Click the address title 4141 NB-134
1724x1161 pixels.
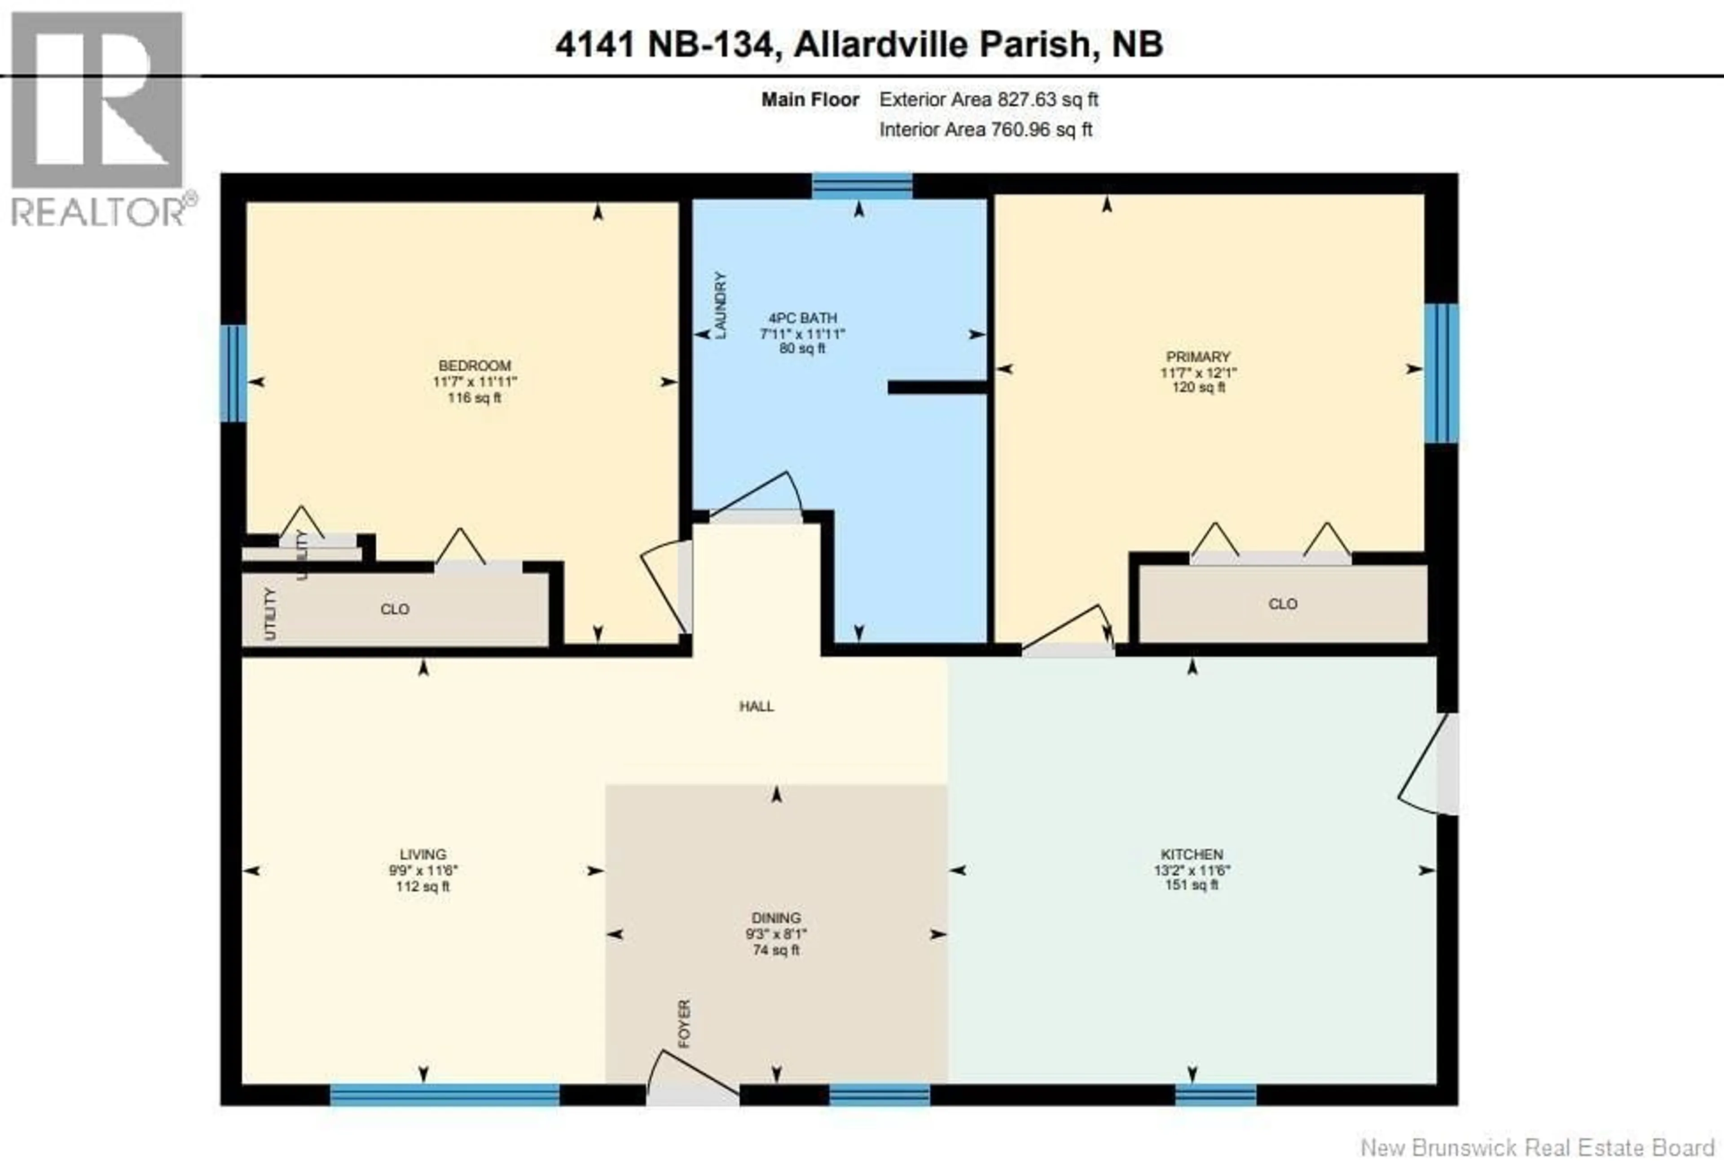pyautogui.click(x=859, y=44)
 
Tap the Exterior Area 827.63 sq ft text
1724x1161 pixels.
pyautogui.click(x=988, y=99)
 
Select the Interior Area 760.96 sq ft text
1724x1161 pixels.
pyautogui.click(x=985, y=130)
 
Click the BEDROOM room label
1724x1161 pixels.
pyautogui.click(x=475, y=366)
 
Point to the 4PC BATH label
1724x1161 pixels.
pyautogui.click(x=802, y=318)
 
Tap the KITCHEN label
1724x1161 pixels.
pyautogui.click(x=1192, y=854)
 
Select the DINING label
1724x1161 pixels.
pyautogui.click(x=776, y=917)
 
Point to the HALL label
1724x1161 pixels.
pyautogui.click(x=756, y=706)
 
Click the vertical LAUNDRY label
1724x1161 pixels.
pyautogui.click(x=720, y=305)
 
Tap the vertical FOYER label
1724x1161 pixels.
pyautogui.click(x=684, y=1023)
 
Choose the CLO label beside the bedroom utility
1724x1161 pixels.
pyautogui.click(x=395, y=609)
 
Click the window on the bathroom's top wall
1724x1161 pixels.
pyautogui.click(x=862, y=186)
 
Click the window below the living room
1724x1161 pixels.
pyautogui.click(x=444, y=1095)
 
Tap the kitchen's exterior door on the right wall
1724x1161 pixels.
pyautogui.click(x=1447, y=763)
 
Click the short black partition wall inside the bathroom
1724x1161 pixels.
pyautogui.click(x=937, y=387)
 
